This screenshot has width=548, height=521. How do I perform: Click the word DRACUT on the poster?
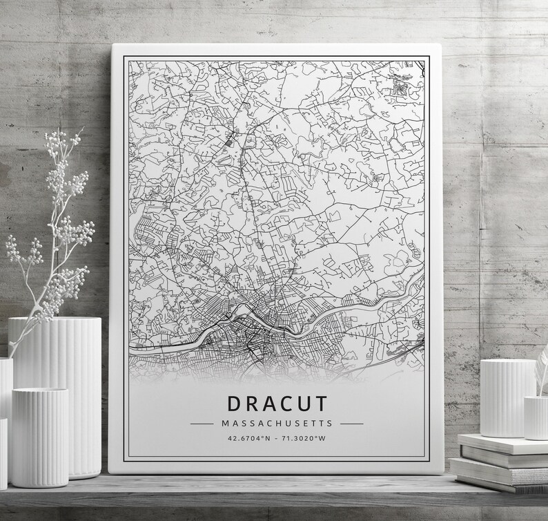click(x=276, y=404)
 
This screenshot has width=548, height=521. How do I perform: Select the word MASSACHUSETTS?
click(x=276, y=423)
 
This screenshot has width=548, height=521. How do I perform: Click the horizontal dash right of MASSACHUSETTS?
click(x=351, y=423)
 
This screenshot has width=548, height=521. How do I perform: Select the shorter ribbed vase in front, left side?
click(x=39, y=435)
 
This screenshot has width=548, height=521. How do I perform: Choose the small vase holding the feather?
click(x=536, y=417)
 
